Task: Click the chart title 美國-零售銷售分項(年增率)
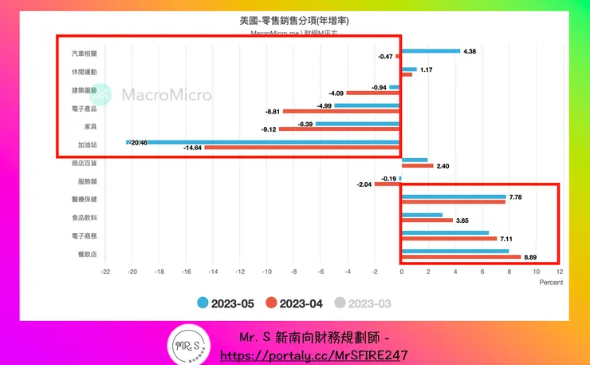click(294, 21)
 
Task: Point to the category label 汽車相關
click(85, 54)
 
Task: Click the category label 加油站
click(88, 145)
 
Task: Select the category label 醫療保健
click(85, 199)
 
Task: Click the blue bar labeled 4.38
click(431, 51)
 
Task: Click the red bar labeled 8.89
click(461, 257)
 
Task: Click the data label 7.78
click(517, 196)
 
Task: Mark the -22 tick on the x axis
click(105, 271)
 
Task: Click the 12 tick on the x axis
click(559, 271)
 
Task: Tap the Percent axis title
click(551, 282)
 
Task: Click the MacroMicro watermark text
click(166, 95)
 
